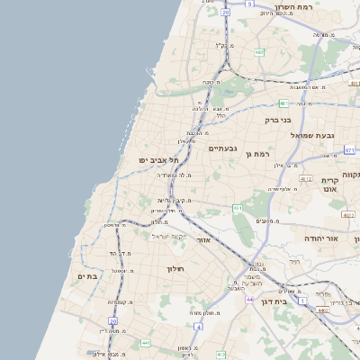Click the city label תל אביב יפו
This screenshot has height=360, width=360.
(x=154, y=159)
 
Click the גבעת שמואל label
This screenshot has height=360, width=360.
(x=312, y=135)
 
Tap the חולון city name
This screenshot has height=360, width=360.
(x=175, y=268)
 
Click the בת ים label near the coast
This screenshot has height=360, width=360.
(x=87, y=276)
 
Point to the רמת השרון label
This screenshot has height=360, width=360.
(x=319, y=7)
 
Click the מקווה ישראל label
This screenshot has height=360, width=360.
(x=163, y=236)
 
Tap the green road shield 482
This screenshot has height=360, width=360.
(x=259, y=52)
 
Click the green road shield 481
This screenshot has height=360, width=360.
(x=283, y=103)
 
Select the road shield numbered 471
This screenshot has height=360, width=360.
(x=349, y=149)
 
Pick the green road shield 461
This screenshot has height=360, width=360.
(x=238, y=209)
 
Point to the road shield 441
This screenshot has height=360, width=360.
(x=146, y=343)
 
